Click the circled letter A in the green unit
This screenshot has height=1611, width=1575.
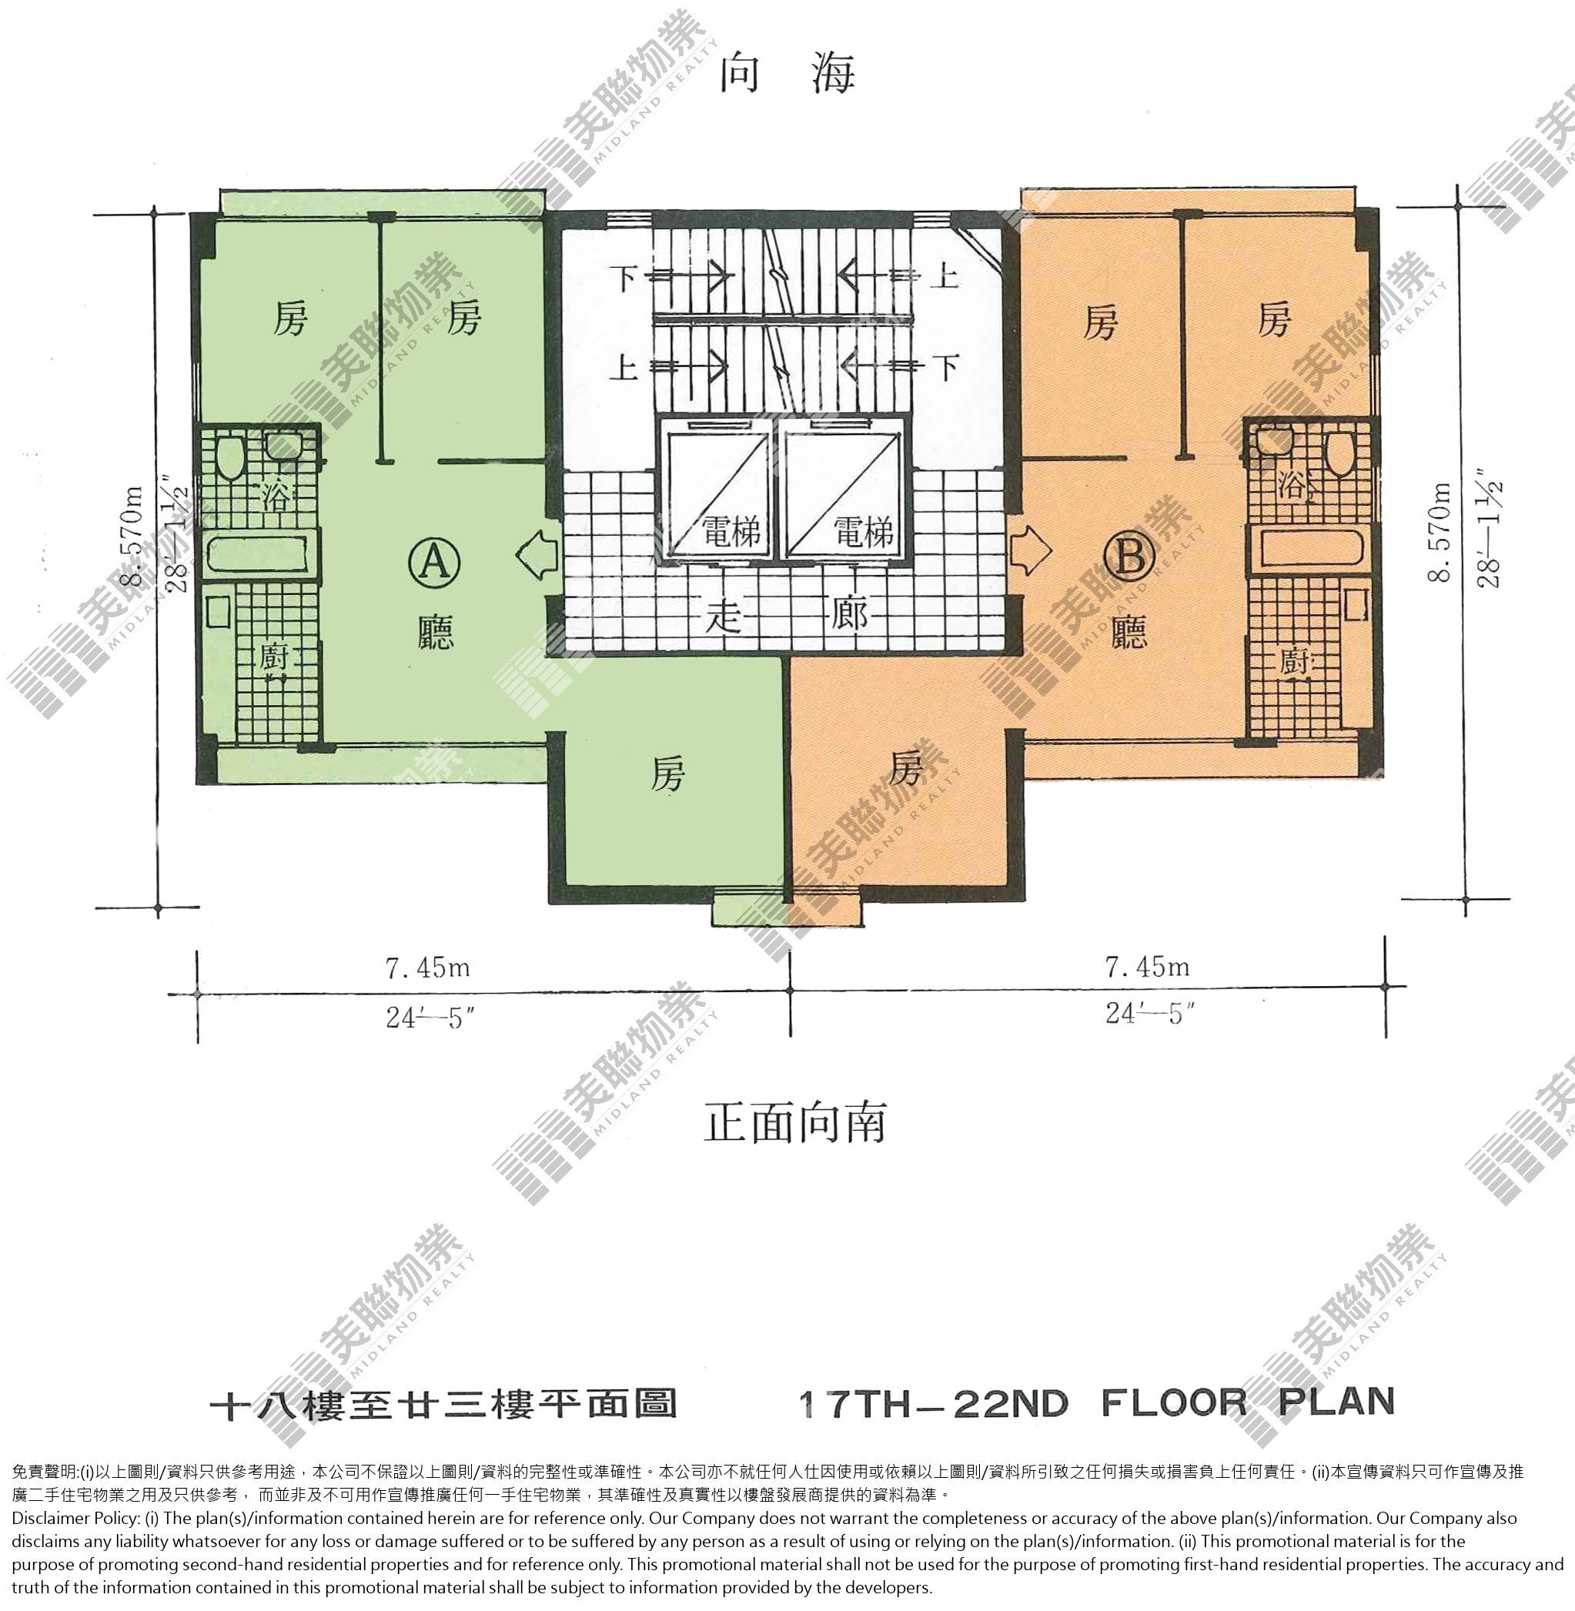point(435,563)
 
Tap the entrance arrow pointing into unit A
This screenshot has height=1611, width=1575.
point(537,553)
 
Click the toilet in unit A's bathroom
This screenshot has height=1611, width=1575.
point(229,456)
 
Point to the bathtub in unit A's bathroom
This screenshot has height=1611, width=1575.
point(259,553)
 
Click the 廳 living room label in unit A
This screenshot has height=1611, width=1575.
point(435,633)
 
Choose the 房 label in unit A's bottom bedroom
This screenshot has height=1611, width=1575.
point(667,774)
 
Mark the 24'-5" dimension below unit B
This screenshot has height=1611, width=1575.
point(1150,1013)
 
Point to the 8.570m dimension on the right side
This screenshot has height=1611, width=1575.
point(1440,532)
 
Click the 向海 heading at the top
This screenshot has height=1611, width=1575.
point(787,74)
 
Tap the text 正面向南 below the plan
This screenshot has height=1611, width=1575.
point(794,1122)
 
